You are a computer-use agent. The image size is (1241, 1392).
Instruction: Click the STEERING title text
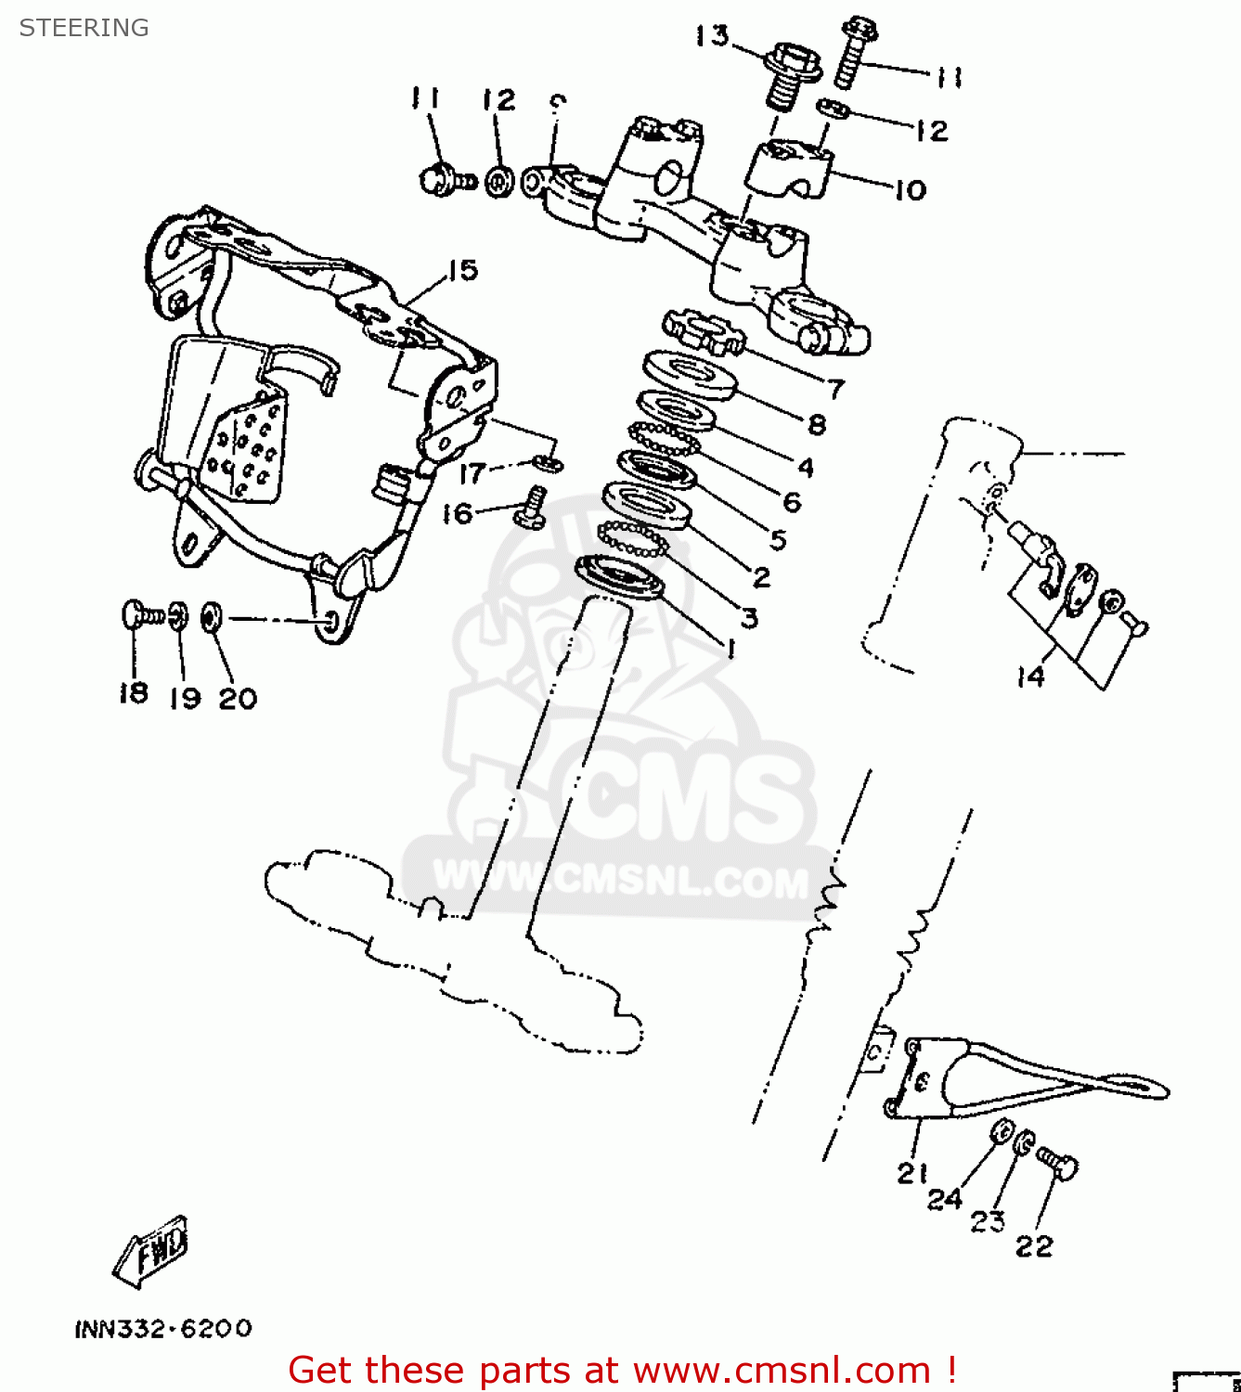pos(84,28)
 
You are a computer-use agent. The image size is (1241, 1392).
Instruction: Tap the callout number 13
pos(712,36)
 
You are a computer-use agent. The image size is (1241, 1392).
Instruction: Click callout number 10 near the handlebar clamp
pos(910,190)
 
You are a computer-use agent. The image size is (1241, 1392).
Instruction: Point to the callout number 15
pos(462,271)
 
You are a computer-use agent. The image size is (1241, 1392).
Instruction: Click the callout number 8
pos(817,425)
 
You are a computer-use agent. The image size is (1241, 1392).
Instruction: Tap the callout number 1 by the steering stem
pos(731,649)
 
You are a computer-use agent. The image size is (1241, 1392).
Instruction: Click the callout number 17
pos(472,473)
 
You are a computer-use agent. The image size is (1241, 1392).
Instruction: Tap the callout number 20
pos(238,698)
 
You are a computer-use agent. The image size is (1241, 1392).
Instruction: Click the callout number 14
pos(1030,677)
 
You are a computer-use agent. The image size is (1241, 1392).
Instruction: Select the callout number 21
pos(912,1173)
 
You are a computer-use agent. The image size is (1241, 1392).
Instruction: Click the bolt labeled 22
pos(1058,1162)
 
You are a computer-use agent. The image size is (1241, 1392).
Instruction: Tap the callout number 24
pos(945,1200)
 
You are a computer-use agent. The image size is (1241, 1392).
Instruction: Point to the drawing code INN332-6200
pos(163,1329)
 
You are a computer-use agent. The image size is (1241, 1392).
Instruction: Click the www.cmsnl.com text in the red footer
pos(782,1370)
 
